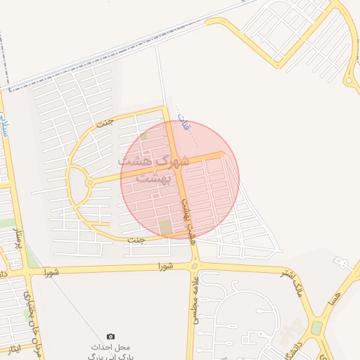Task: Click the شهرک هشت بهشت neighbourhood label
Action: tap(153, 169)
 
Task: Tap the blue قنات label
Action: tap(185, 127)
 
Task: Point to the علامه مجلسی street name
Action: tap(192, 299)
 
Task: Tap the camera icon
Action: tap(110, 337)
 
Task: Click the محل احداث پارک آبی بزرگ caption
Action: tap(110, 352)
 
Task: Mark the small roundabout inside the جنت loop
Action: tap(89, 183)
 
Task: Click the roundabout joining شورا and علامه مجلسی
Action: tap(195, 266)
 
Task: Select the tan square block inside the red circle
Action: tap(165, 227)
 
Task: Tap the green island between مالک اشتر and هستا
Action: tap(317, 327)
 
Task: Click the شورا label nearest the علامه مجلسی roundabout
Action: tap(165, 266)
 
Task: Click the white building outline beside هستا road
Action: tap(342, 262)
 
